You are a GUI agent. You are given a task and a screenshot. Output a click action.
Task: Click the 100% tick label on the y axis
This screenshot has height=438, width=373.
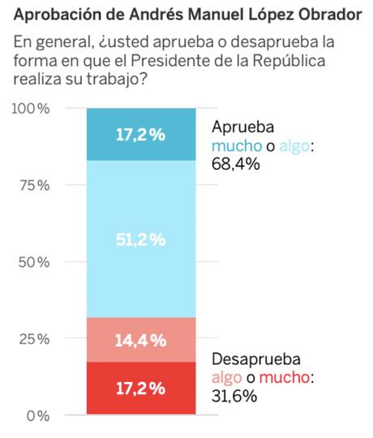coord(31,109)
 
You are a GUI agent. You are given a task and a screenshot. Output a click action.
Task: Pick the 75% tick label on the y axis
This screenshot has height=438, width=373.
coord(34,185)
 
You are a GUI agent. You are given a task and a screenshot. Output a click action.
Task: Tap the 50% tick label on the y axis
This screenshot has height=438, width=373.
coord(34,262)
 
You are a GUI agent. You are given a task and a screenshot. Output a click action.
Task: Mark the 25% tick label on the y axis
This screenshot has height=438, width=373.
coord(34,339)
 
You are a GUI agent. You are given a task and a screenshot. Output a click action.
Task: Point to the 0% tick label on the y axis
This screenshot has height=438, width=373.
coord(37,416)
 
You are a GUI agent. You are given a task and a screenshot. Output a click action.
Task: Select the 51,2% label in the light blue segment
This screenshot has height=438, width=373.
coord(140,240)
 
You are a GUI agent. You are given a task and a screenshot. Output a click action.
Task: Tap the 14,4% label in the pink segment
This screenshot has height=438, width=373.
coord(140,340)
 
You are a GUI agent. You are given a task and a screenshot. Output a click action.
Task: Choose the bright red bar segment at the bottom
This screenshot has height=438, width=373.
coord(140,388)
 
